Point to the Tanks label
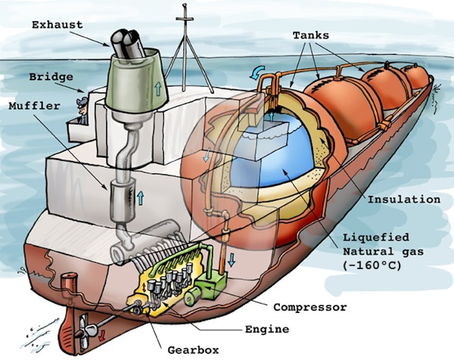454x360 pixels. [x=311, y=35]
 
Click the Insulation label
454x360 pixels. [x=404, y=199]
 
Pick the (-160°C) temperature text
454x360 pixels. [x=372, y=265]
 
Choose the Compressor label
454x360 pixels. [x=310, y=307]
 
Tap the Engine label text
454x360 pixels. [x=267, y=329]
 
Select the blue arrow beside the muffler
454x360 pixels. [x=140, y=197]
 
